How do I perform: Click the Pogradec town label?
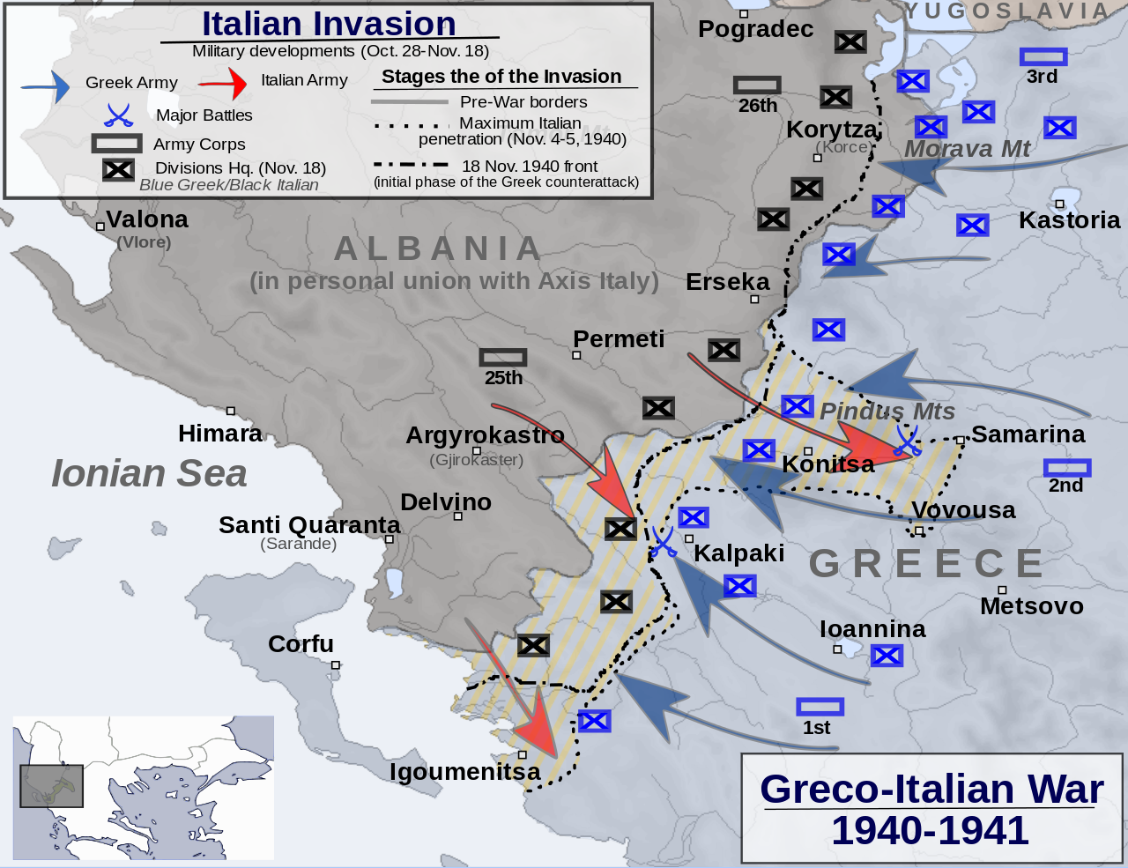(x=755, y=29)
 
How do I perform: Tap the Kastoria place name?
(x=1069, y=219)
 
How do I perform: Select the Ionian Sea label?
(x=149, y=473)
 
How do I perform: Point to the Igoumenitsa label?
(x=464, y=772)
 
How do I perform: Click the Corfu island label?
(x=301, y=644)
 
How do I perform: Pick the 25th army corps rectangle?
(x=503, y=357)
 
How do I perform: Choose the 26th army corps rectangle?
(x=757, y=85)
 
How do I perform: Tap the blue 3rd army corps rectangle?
(x=1043, y=57)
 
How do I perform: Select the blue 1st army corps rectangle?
(x=820, y=707)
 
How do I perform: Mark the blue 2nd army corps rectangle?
(x=1066, y=467)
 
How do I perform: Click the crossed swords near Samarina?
(x=906, y=441)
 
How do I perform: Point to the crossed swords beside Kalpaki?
(x=664, y=542)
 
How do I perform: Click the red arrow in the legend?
(x=224, y=84)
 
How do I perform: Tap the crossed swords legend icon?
(x=118, y=115)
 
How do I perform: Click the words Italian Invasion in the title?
(x=329, y=24)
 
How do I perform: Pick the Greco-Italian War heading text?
(x=931, y=790)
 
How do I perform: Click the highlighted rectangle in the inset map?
(x=51, y=786)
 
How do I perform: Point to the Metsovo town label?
(x=1031, y=606)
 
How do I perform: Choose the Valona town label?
(x=146, y=219)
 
